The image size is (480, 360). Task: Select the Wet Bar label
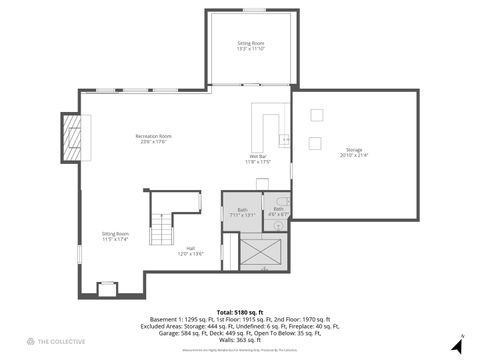257,159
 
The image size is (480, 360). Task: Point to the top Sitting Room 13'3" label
251,46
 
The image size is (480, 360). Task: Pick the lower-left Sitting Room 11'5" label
115,237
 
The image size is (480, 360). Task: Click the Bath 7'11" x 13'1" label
242,212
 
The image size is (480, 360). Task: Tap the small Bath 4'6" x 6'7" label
279,211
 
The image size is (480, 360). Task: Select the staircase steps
160,231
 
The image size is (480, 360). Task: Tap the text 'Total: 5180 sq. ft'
239,312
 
